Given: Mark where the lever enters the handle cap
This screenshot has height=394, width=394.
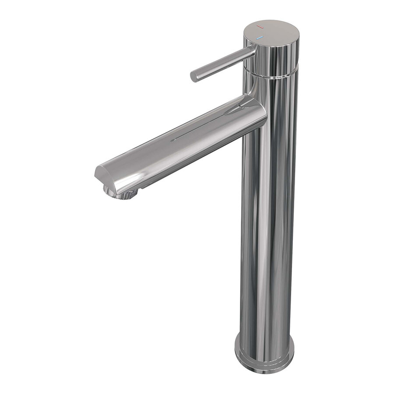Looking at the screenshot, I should click(x=253, y=52).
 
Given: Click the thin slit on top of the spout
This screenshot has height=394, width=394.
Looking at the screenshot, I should click(x=206, y=127).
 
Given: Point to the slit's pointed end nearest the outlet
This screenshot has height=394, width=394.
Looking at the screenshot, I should click(x=172, y=140).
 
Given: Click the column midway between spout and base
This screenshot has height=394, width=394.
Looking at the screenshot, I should click(x=267, y=232).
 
